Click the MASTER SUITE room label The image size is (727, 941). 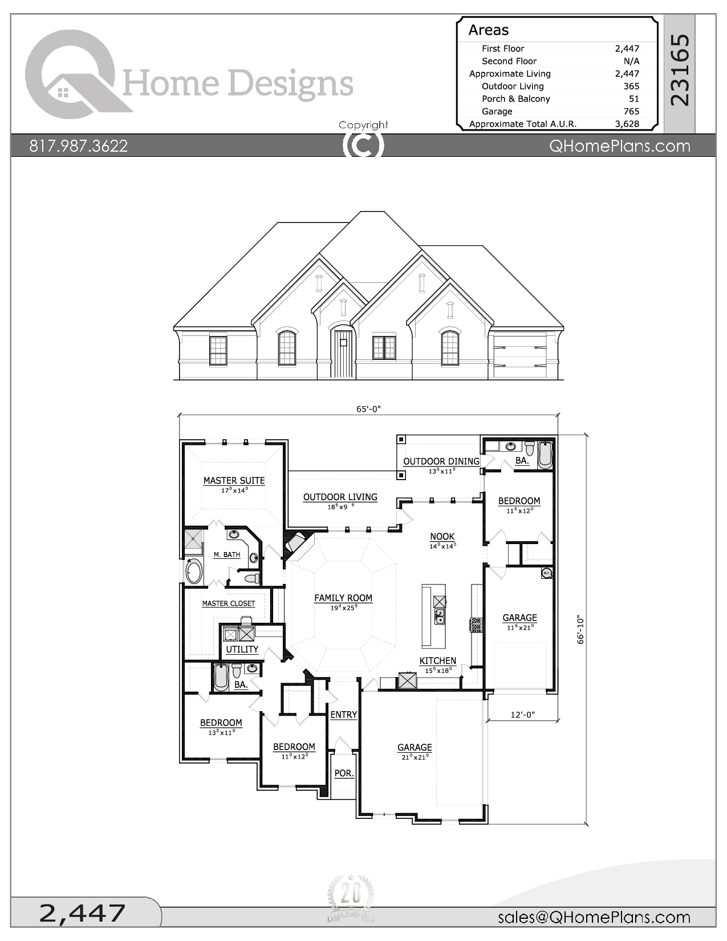(234, 481)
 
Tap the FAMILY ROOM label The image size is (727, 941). (343, 598)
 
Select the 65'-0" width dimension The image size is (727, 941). (368, 409)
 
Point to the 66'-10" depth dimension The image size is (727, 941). (581, 629)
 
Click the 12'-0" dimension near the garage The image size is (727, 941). (522, 715)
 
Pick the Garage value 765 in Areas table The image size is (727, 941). (631, 111)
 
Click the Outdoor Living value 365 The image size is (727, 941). (631, 86)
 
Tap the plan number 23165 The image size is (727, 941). (680, 70)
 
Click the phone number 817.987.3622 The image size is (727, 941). (79, 146)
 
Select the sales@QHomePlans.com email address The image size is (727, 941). (594, 917)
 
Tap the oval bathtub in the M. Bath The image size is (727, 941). (194, 571)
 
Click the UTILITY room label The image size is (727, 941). (242, 649)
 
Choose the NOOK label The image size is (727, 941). (442, 536)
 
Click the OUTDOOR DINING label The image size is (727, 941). (441, 461)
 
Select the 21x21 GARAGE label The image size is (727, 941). (415, 747)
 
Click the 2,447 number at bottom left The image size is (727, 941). (83, 913)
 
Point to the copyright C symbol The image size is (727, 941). (363, 145)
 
